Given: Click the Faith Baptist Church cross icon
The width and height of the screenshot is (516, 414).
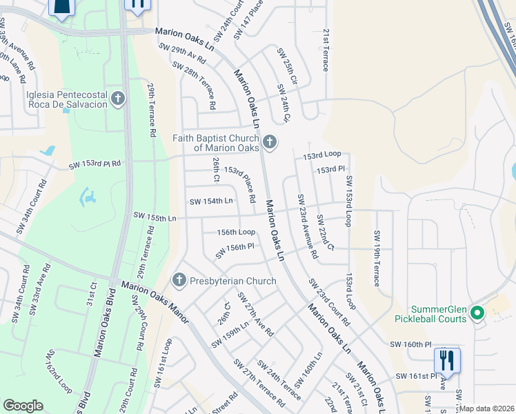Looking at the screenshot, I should [x=270, y=143].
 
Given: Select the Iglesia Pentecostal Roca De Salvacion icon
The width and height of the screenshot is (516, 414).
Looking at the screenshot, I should [x=118, y=99].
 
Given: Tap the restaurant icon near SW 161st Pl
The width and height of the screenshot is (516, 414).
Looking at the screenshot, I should [x=446, y=361].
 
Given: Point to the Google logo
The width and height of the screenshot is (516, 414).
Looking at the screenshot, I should [x=23, y=406].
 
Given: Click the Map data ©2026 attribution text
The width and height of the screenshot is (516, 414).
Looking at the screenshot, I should [x=487, y=408].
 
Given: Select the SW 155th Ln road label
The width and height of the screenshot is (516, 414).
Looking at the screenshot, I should [x=154, y=218].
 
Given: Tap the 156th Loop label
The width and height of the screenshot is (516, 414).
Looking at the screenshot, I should [x=237, y=233].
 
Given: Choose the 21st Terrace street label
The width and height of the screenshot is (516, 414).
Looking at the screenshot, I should [x=326, y=50].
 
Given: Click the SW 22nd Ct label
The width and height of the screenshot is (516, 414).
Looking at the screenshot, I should [x=325, y=233].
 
